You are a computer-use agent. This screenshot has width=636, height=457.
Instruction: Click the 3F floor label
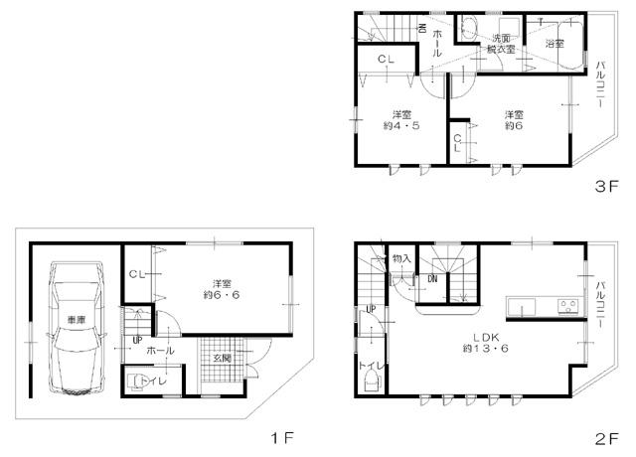[606, 185]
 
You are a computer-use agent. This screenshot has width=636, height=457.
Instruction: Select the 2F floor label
[606, 435]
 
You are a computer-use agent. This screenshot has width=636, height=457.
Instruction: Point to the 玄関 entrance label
[221, 357]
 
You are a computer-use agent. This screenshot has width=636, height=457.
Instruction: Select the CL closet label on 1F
[138, 274]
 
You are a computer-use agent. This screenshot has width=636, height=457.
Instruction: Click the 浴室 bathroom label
[555, 44]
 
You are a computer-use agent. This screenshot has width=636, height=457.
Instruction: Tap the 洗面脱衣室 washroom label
[499, 44]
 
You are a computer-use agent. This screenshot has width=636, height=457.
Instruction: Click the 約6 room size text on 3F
[513, 126]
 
